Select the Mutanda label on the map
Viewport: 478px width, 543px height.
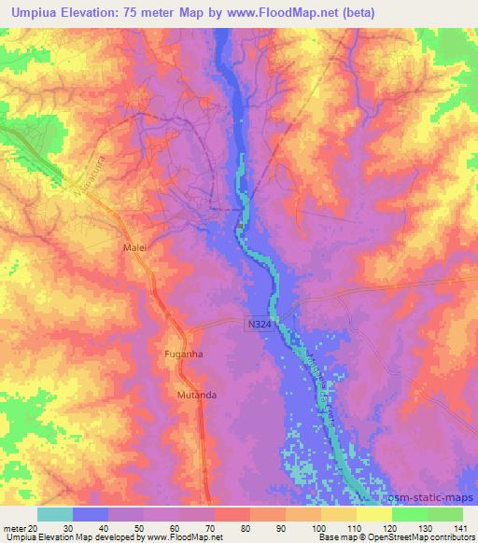click(196, 396)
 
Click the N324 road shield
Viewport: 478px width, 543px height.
click(261, 323)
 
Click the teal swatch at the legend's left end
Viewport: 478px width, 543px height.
click(55, 514)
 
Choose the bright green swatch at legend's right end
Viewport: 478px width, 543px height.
click(444, 514)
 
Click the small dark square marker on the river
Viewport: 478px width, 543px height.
click(240, 224)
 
